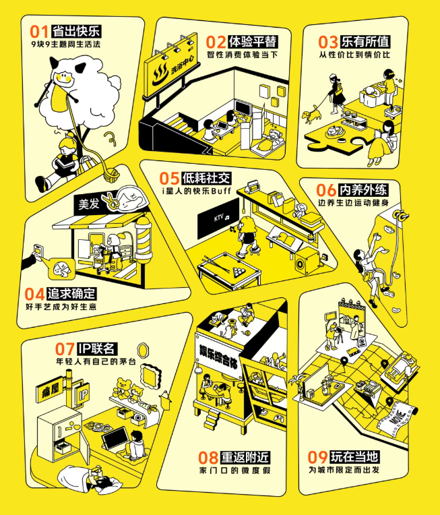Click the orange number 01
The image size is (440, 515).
[x=39, y=32]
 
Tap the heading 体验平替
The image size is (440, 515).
[x=253, y=42]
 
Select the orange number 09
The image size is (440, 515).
[x=317, y=457]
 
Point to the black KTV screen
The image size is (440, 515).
[x=218, y=218]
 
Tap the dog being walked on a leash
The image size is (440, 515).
[x=311, y=115]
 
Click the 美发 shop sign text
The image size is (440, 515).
[x=89, y=204]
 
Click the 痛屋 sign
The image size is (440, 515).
[x=50, y=391]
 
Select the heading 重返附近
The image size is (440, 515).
[x=245, y=457]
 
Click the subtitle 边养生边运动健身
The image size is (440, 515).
[x=353, y=203]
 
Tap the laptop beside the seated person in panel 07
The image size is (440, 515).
[x=115, y=438]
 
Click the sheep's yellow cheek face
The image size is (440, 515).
[x=63, y=79]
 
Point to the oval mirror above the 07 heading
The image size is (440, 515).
[x=142, y=351]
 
